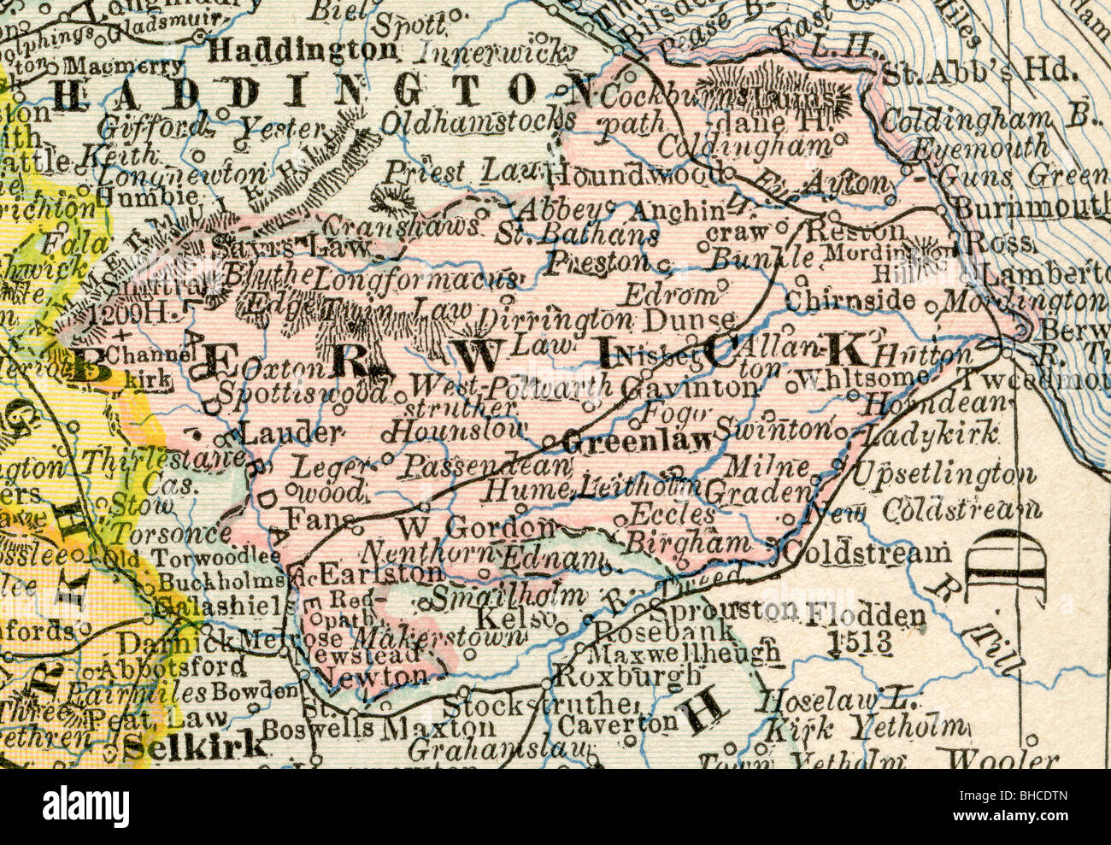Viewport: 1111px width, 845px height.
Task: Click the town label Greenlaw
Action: (x=638, y=441)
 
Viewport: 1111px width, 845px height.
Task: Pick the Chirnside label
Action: (x=849, y=301)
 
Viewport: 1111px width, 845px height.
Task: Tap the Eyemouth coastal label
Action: (x=979, y=148)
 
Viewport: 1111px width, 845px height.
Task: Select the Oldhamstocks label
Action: (x=477, y=124)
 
